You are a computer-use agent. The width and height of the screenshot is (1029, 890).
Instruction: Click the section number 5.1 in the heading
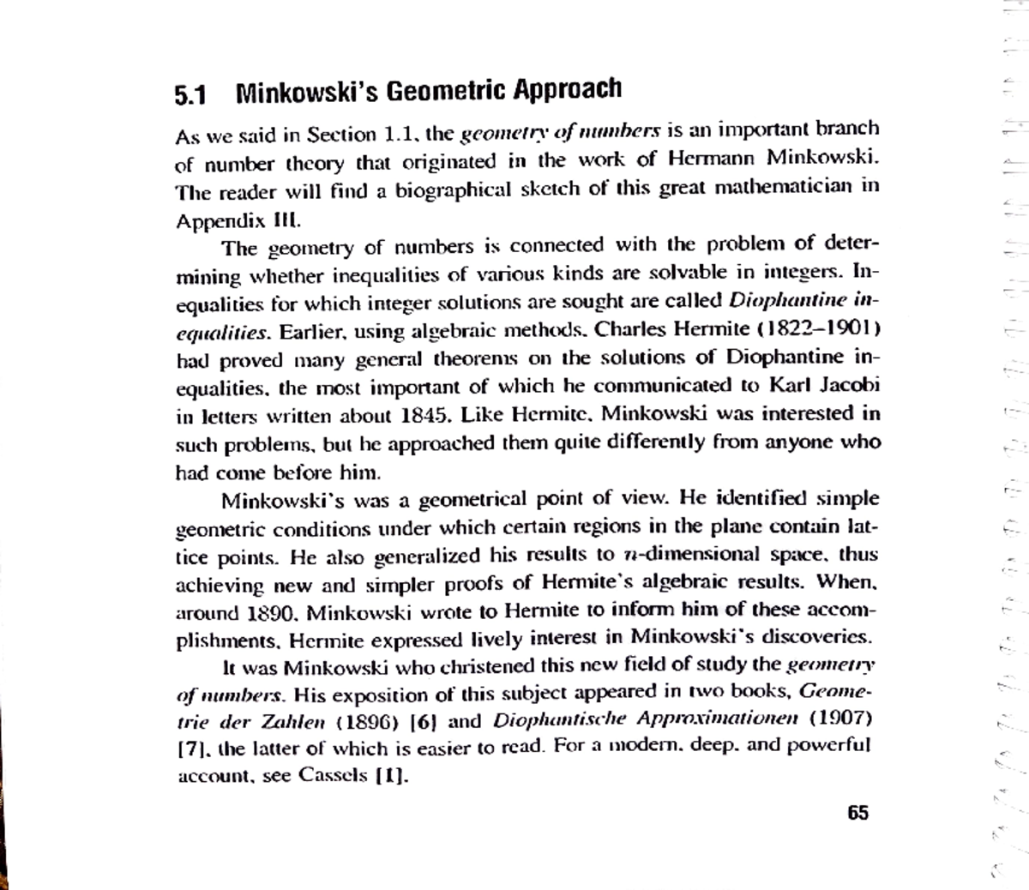(x=190, y=93)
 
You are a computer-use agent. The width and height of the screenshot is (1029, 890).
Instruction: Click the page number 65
(x=857, y=812)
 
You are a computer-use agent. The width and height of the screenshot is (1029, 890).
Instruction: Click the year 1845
(x=425, y=417)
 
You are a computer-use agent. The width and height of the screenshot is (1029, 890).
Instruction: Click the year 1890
(x=272, y=614)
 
